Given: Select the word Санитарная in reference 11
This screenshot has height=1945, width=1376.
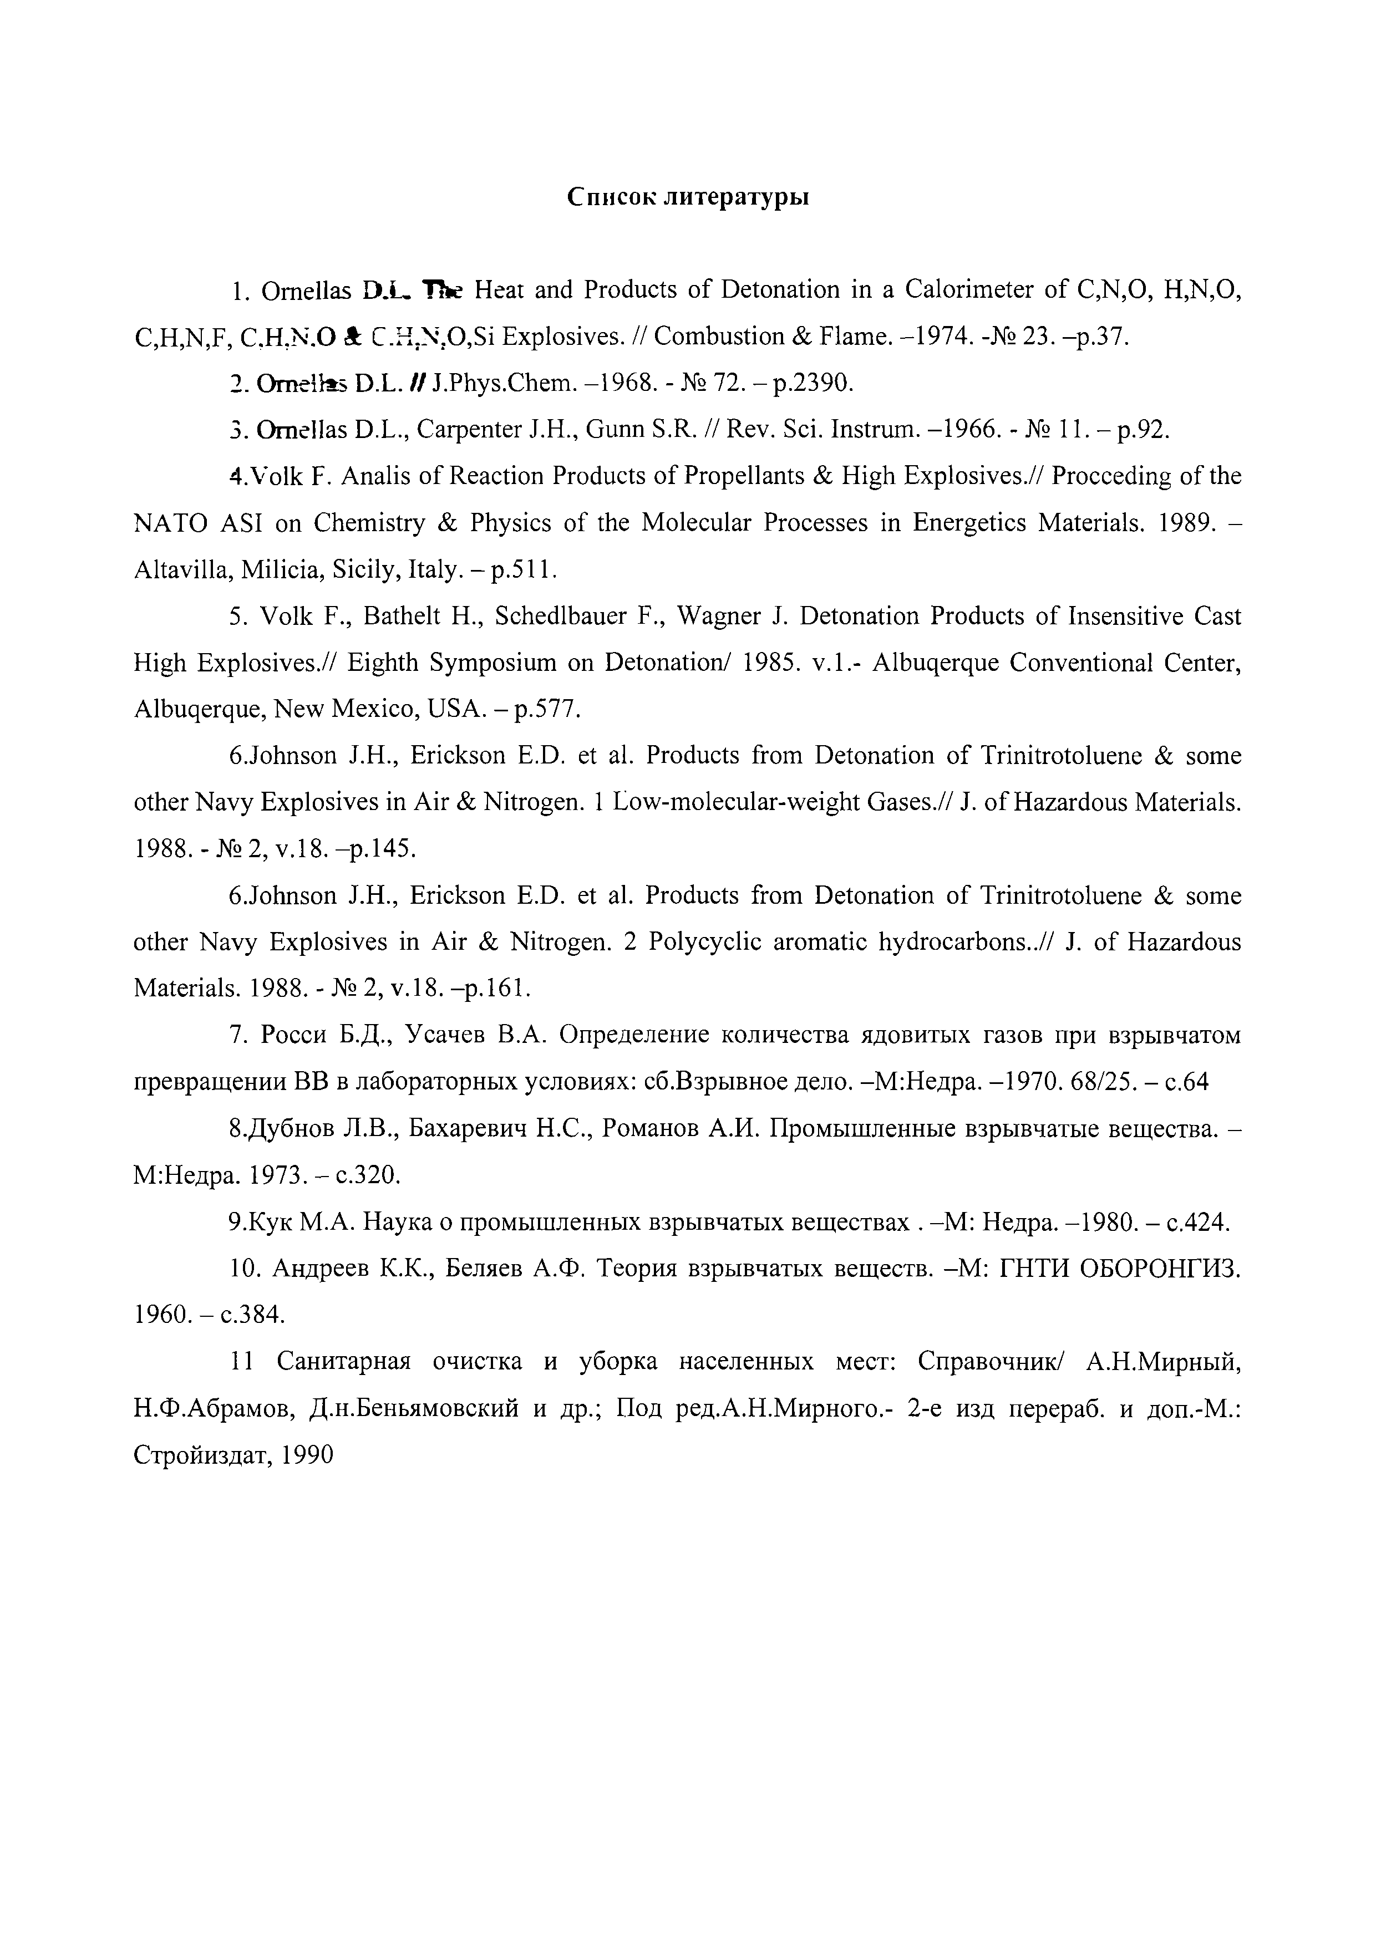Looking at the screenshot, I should click(x=344, y=1361).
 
